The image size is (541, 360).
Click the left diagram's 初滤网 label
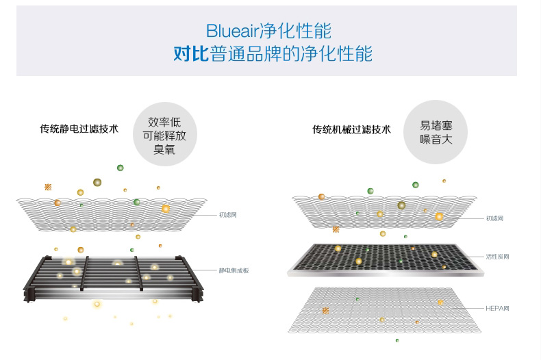pos(227,215)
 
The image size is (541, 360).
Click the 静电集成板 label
pos(234,270)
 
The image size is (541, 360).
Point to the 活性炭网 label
pos(497,257)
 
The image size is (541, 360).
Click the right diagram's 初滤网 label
pos(494,218)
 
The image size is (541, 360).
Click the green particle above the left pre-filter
pos(121,168)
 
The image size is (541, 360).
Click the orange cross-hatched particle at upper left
pos(48,186)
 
